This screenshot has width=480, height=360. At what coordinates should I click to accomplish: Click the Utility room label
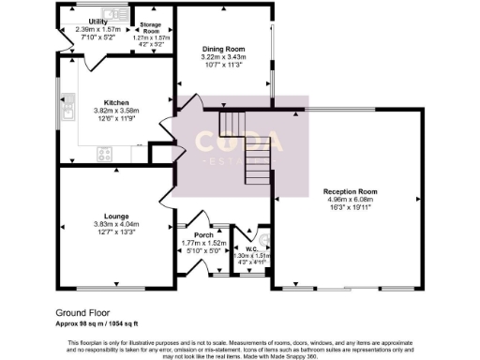(97, 21)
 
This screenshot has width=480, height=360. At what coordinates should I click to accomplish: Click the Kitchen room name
(116, 101)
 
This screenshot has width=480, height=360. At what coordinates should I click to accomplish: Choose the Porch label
(204, 235)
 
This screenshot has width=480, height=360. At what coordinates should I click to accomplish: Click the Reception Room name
(348, 190)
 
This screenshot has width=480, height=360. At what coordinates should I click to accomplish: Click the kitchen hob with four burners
(105, 153)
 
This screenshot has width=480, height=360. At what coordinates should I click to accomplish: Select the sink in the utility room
(116, 11)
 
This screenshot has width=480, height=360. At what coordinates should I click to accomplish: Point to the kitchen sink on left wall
(67, 113)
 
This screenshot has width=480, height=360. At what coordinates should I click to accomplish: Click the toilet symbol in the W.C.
(263, 237)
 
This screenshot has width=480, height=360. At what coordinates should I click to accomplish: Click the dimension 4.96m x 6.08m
(348, 199)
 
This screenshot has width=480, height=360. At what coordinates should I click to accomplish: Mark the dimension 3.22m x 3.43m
(223, 58)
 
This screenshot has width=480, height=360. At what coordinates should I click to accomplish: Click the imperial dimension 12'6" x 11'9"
(116, 118)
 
